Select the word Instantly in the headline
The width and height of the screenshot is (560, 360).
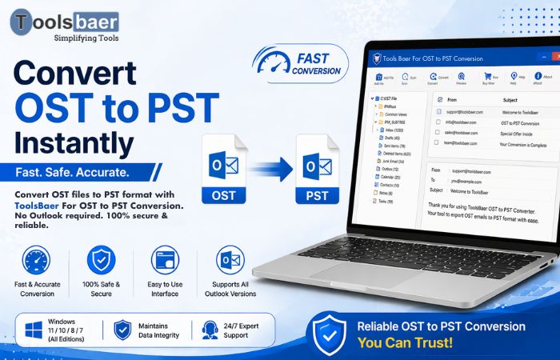74,142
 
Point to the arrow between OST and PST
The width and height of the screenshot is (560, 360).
271,169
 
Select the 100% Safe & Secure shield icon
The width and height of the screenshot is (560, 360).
101,262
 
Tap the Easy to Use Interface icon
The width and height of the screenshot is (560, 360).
166,262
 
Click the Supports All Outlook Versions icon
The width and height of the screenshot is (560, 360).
229,262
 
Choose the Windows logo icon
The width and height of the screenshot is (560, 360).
32,330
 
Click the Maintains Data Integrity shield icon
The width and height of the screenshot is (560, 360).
122,330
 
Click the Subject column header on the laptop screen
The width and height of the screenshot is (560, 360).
510,100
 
